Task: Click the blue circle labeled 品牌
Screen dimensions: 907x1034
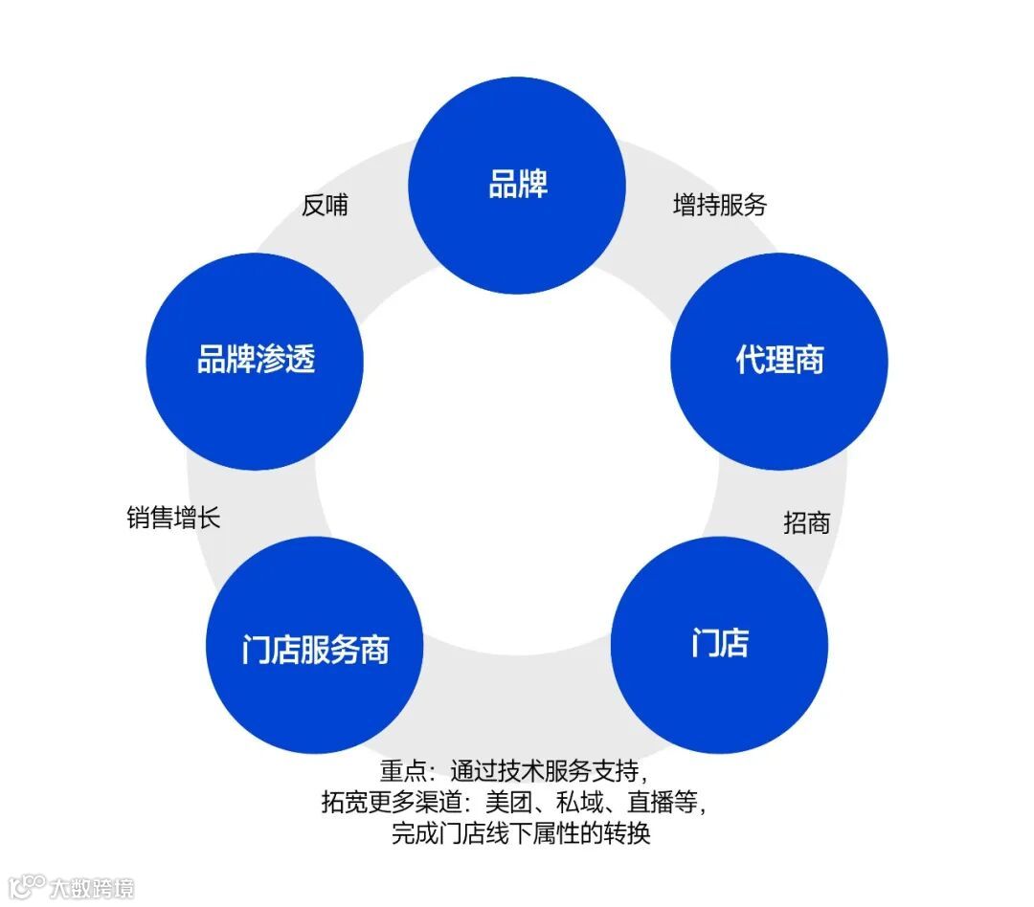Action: pos(517,185)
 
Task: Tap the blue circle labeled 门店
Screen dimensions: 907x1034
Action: pos(719,644)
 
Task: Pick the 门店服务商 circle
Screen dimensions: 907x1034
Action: pos(315,646)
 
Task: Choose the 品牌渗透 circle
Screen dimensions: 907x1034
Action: pos(255,361)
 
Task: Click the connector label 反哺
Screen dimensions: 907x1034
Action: pos(325,205)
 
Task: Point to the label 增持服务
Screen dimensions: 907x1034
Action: pos(720,205)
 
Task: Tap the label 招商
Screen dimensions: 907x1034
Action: pos(806,522)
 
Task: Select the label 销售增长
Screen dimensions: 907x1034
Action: pos(173,518)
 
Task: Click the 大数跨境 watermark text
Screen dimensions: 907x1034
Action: pos(93,887)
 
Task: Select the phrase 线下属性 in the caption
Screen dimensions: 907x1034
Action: pos(536,833)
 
